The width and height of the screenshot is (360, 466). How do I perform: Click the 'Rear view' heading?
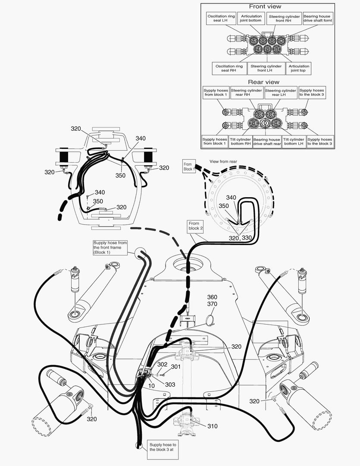click(x=263, y=82)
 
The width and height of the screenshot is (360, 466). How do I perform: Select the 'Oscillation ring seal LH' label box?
click(x=221, y=19)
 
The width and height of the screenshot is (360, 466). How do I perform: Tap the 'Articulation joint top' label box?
click(x=300, y=69)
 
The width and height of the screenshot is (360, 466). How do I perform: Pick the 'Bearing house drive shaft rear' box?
click(x=267, y=142)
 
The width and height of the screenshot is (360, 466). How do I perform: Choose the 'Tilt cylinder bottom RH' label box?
click(x=240, y=142)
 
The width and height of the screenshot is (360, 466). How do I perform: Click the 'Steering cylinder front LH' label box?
click(x=266, y=69)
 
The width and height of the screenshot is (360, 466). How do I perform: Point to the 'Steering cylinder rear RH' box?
click(x=246, y=93)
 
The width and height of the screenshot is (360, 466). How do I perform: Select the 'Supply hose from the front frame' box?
click(x=110, y=248)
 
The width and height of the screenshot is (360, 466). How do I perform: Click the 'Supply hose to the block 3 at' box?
click(x=163, y=447)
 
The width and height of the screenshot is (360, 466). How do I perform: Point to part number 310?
click(x=212, y=426)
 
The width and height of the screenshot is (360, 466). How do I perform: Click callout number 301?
click(x=175, y=367)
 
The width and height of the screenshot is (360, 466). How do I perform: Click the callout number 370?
click(x=213, y=304)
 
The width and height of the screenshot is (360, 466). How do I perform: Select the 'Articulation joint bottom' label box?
click(x=251, y=19)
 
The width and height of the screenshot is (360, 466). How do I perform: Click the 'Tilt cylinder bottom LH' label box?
click(x=294, y=142)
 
